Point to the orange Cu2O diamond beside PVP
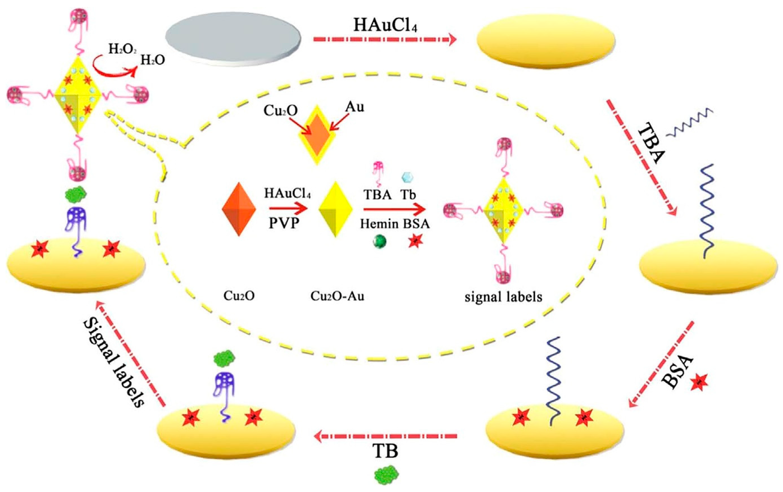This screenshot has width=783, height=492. tap(239, 209)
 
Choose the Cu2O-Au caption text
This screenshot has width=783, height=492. tap(337, 296)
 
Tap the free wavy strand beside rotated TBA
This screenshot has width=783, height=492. tap(689, 122)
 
